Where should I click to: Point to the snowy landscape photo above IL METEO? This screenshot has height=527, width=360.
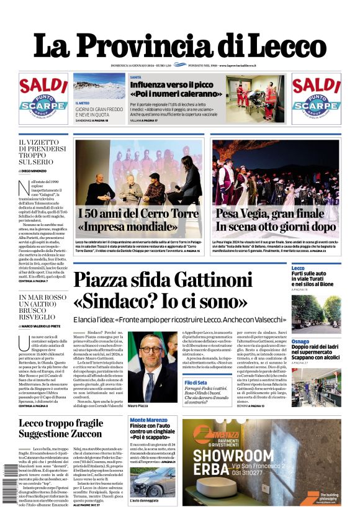[99, 86]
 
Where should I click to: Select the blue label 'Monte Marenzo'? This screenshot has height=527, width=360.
[148, 420]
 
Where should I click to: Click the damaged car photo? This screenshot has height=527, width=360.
[153, 482]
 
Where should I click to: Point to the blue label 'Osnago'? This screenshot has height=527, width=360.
[300, 341]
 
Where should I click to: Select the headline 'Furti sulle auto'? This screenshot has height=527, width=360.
[309, 273]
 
